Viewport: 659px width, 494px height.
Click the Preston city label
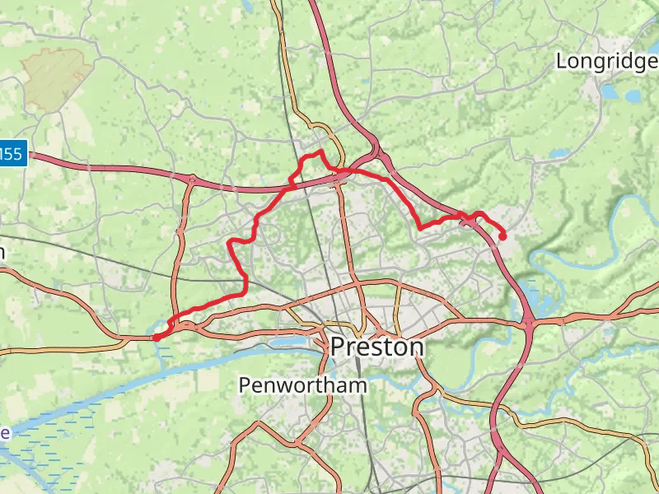pyautogui.click(x=377, y=347)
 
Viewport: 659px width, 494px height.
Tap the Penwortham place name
pyautogui.click(x=302, y=384)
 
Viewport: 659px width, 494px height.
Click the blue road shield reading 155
pyautogui.click(x=12, y=152)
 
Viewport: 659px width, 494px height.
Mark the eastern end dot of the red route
pyautogui.click(x=502, y=237)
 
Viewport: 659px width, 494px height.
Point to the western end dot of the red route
pyautogui.click(x=156, y=337)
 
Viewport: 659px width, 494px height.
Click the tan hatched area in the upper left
pyautogui.click(x=56, y=78)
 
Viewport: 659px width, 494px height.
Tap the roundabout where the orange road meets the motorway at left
pyautogui.click(x=192, y=179)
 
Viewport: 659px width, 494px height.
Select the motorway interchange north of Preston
pyautogui.click(x=377, y=154)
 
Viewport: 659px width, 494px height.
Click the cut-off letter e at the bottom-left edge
pyautogui.click(x=4, y=433)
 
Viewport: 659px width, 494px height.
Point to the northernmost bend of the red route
pyautogui.click(x=320, y=152)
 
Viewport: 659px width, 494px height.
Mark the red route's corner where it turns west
pyautogui.click(x=244, y=291)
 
